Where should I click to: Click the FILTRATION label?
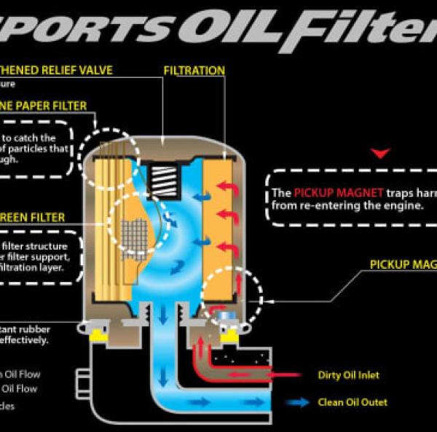(194, 71)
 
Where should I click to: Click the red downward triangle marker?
(381, 153)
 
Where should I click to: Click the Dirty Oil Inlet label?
(349, 375)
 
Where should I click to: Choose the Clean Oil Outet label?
(353, 401)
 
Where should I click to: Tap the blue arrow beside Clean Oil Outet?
(297, 401)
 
